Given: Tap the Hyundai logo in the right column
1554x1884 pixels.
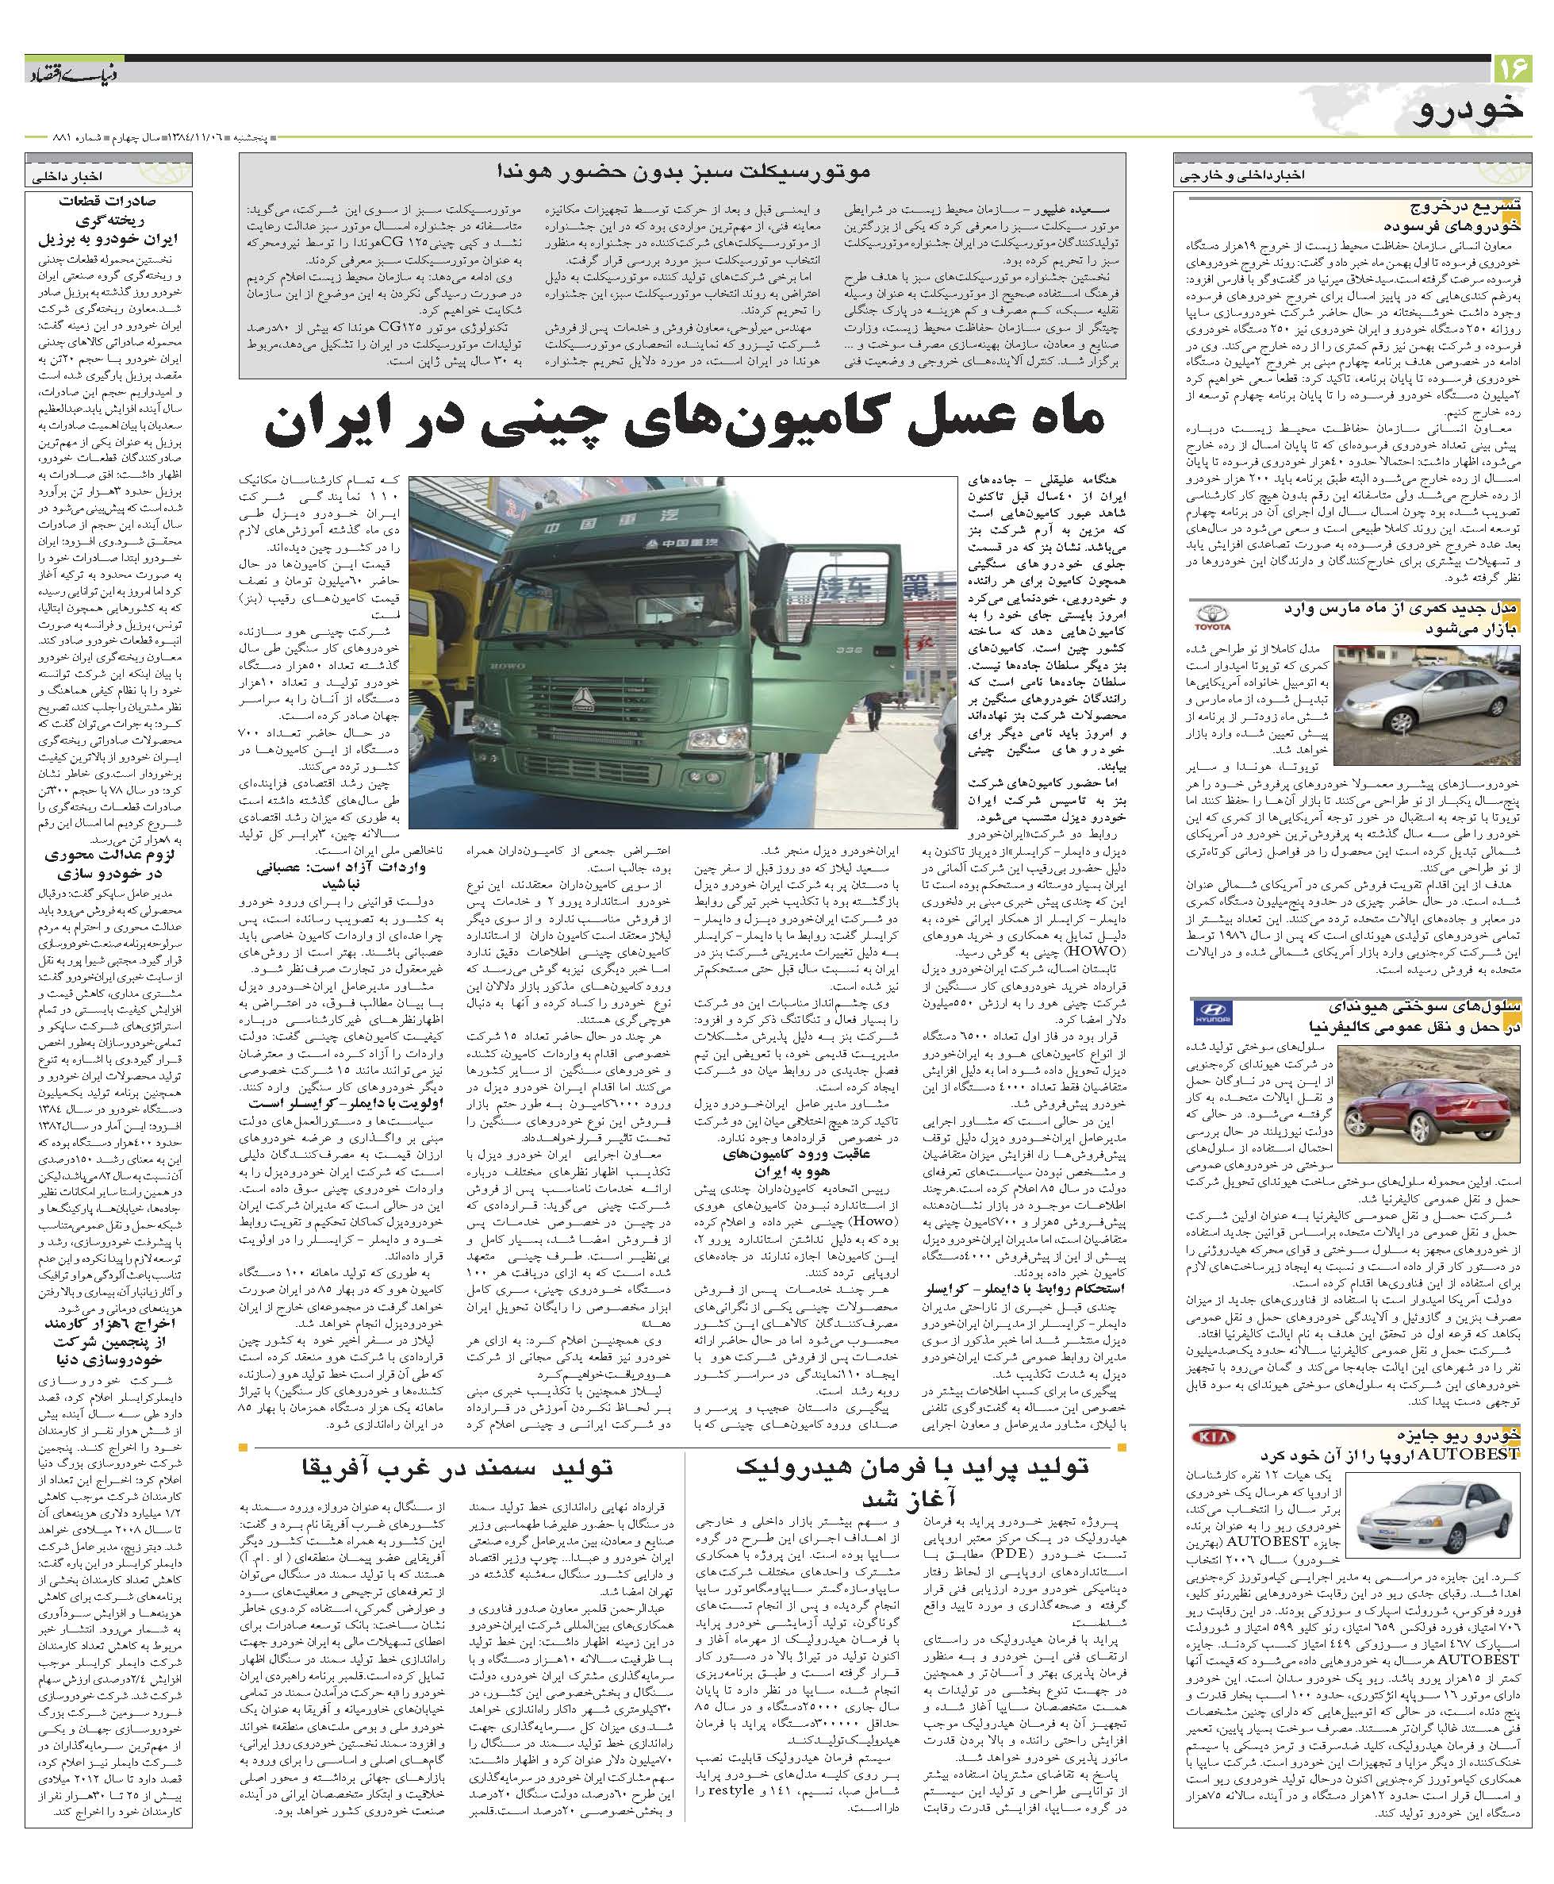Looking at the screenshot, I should [1214, 1013].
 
